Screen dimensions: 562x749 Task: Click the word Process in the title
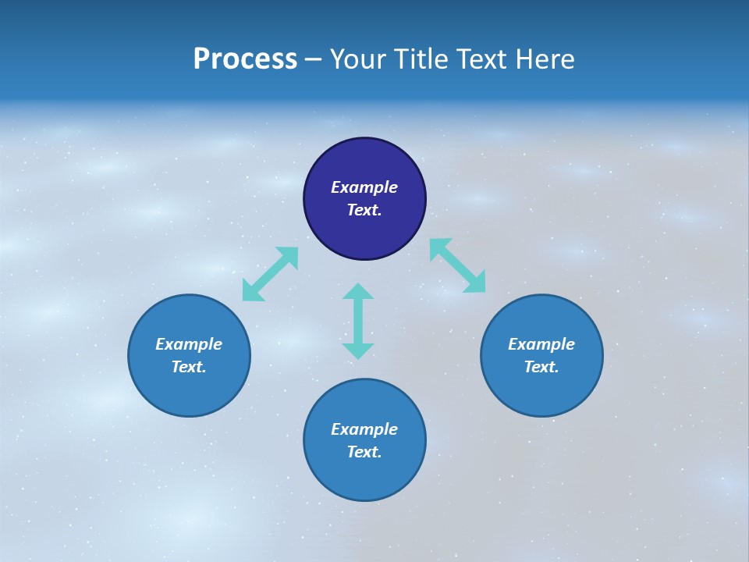245,59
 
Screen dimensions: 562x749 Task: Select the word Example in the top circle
364,187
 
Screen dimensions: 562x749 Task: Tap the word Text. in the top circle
364,210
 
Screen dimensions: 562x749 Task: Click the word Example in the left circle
189,344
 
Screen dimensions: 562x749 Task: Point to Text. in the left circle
189,367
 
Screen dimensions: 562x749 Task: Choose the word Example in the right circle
541,344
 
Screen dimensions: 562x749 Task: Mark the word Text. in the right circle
541,367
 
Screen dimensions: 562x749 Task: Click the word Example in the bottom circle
364,429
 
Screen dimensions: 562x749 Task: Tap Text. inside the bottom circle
364,452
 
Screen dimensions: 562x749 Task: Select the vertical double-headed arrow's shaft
358,321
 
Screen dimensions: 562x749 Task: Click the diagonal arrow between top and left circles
270,274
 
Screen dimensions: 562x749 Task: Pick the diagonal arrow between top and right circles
458,265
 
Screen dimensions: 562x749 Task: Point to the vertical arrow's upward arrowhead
358,291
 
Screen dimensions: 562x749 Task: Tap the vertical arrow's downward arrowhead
358,350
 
